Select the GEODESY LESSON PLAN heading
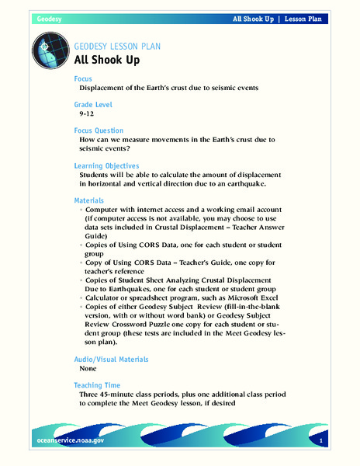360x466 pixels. [x=117, y=46]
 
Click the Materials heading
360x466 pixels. [x=92, y=201]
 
